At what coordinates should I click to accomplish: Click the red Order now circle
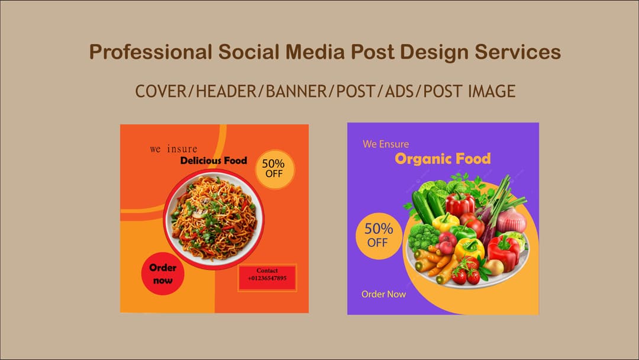point(163,274)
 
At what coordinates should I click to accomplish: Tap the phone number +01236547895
point(267,278)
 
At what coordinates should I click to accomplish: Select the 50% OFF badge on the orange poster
point(274,169)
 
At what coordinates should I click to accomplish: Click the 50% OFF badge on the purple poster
point(378,235)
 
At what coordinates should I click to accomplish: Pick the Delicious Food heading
point(214,160)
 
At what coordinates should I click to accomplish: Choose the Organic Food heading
point(443,159)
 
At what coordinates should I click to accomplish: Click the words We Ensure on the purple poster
point(386,144)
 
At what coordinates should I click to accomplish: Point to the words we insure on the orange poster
point(174,149)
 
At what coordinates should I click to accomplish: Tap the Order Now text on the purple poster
point(384,294)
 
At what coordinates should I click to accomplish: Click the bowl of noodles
point(212,217)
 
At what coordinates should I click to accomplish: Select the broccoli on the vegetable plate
point(423,236)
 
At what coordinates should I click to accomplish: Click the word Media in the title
point(317,52)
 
